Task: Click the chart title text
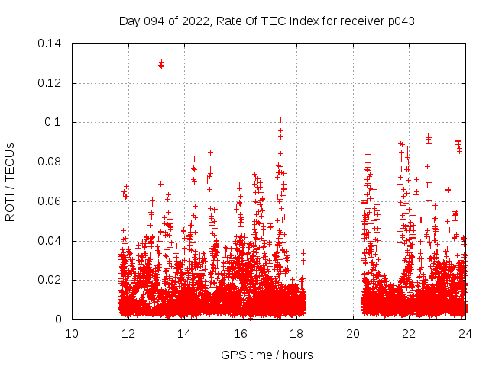point(267,21)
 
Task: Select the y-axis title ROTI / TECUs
point(10,181)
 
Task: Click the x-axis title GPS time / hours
point(267,355)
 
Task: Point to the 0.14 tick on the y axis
point(51,43)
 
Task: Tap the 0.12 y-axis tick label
point(51,82)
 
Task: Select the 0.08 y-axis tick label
point(51,162)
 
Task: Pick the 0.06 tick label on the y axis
point(51,201)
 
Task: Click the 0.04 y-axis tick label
point(51,241)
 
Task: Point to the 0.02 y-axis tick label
point(51,280)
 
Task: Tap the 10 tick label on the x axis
point(72,333)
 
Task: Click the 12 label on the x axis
point(128,333)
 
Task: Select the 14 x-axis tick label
point(184,333)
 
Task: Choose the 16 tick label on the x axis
point(241,333)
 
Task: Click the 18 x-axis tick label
point(297,333)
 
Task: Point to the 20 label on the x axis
point(353,333)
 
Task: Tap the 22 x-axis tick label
point(410,333)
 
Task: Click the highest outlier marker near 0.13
point(161,63)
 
